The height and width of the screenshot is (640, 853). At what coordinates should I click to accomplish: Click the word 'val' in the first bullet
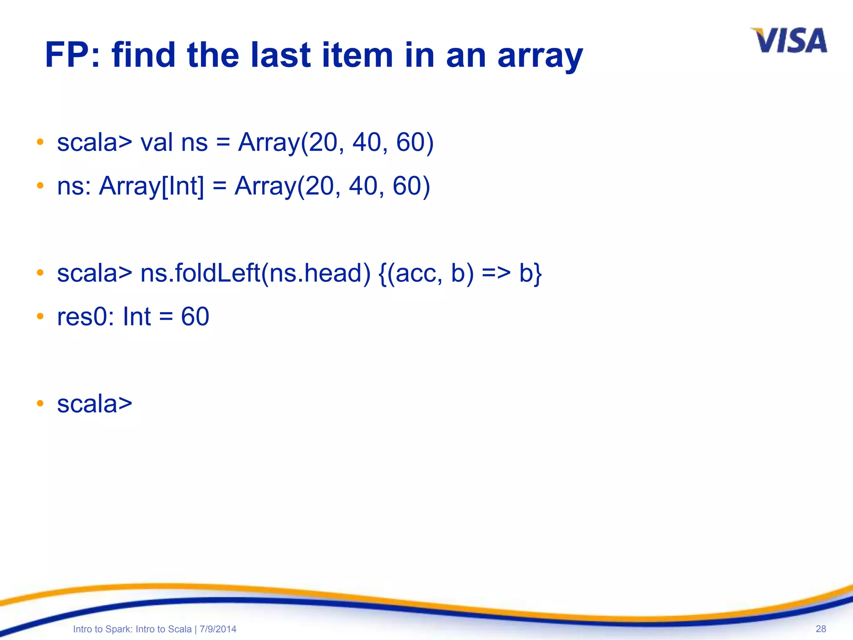point(156,142)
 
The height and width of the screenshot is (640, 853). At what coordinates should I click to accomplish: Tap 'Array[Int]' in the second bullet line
point(152,186)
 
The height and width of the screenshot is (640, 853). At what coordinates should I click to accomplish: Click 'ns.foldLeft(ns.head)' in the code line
point(255,273)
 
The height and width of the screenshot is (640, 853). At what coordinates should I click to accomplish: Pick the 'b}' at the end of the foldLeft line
point(530,273)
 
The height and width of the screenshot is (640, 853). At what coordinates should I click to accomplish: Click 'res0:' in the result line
point(85,317)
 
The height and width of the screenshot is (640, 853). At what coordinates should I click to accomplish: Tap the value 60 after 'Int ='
point(195,317)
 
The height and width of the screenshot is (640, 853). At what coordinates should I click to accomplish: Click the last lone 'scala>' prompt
point(95,404)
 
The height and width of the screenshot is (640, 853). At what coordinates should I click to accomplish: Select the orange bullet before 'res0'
point(40,317)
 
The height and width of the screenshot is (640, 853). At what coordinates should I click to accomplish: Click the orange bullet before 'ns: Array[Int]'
point(40,186)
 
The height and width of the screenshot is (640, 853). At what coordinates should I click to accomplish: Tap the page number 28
point(821,629)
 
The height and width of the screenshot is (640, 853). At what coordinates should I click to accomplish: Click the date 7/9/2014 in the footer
point(218,629)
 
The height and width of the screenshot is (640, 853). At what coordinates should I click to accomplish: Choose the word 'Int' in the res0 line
point(137,317)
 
